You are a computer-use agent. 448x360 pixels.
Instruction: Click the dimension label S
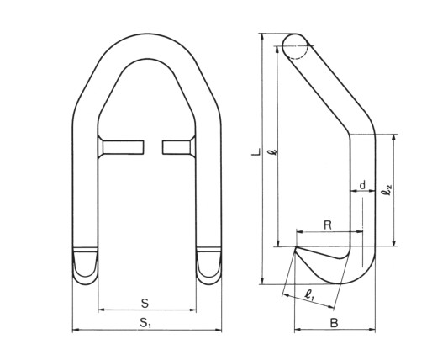(145, 304)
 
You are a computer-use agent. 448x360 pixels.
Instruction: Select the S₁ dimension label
(146, 323)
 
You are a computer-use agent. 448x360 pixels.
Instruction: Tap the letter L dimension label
(256, 152)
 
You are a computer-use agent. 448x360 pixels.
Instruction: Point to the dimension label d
(362, 185)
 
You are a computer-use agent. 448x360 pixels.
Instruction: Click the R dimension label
(328, 225)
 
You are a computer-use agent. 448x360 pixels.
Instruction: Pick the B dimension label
(334, 323)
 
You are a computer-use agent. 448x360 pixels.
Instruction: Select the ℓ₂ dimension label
(387, 190)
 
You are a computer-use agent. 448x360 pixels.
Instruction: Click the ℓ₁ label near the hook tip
(309, 294)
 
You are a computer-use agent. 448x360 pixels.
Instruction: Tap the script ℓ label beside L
(274, 151)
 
